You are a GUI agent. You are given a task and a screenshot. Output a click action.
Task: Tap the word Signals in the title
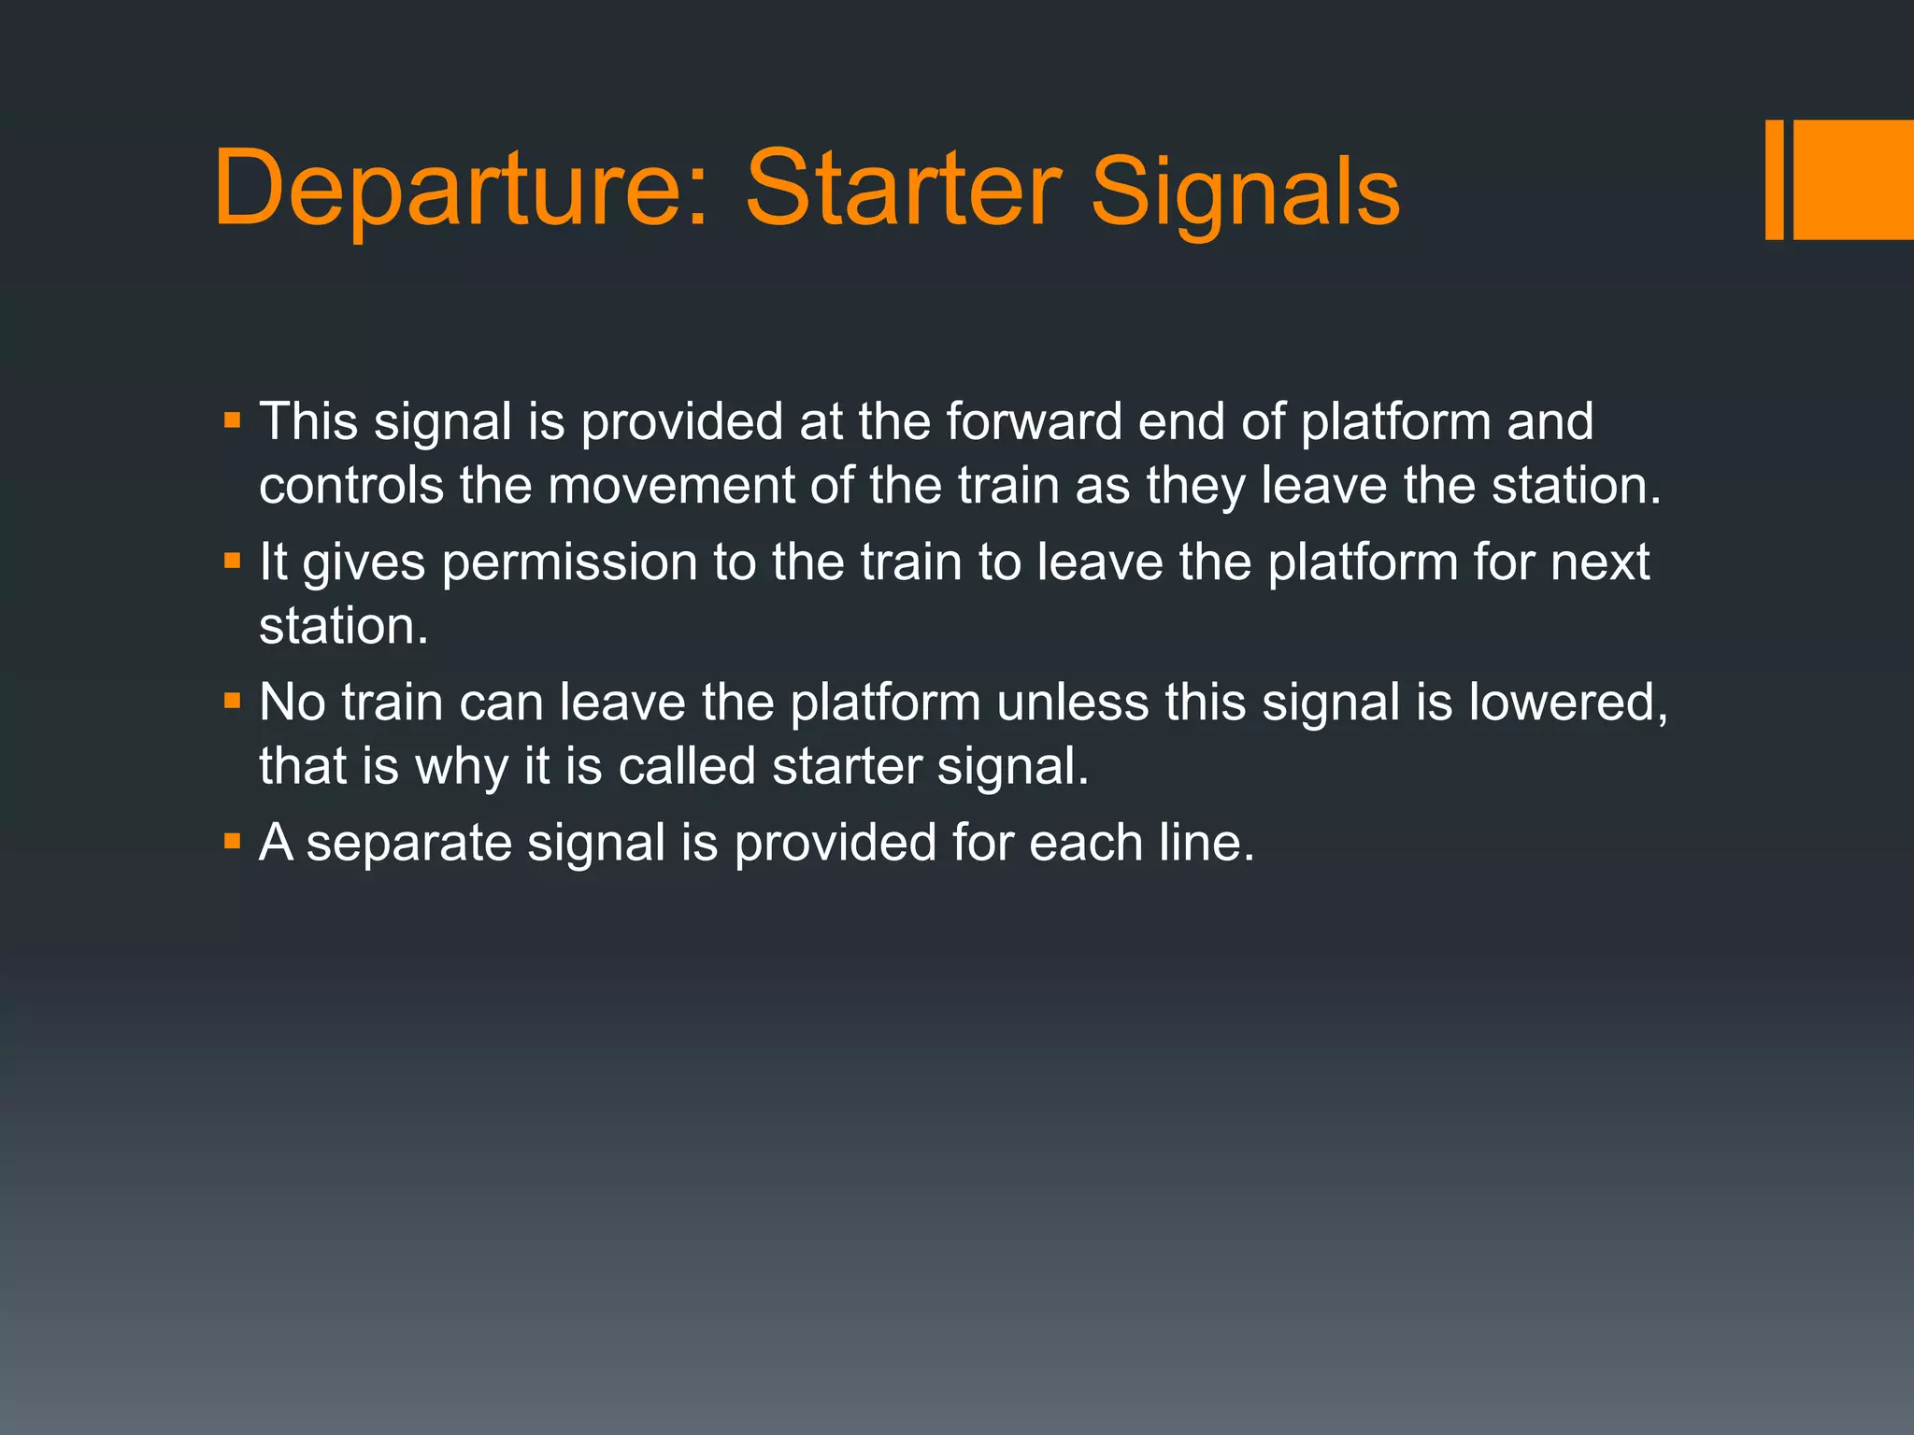pos(1245,192)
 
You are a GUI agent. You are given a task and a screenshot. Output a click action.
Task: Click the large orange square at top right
pos(1853,179)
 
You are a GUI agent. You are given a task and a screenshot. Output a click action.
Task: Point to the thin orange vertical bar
pos(1774,179)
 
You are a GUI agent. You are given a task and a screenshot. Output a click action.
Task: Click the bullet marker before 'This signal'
pos(233,420)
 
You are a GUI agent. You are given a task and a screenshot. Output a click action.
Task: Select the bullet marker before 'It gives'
pos(233,561)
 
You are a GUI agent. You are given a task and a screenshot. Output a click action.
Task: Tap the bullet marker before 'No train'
pos(233,701)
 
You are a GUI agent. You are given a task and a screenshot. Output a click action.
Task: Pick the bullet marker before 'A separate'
pos(233,842)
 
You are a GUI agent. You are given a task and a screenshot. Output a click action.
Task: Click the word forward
pos(1034,421)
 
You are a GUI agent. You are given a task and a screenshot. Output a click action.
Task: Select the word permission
pos(569,562)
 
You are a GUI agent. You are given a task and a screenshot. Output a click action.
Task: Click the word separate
pos(408,843)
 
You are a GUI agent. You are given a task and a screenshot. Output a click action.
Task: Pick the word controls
pos(350,486)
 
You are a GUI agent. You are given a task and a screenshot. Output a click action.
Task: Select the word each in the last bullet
pos(1086,843)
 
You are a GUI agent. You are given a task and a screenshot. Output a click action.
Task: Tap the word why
pos(461,768)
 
